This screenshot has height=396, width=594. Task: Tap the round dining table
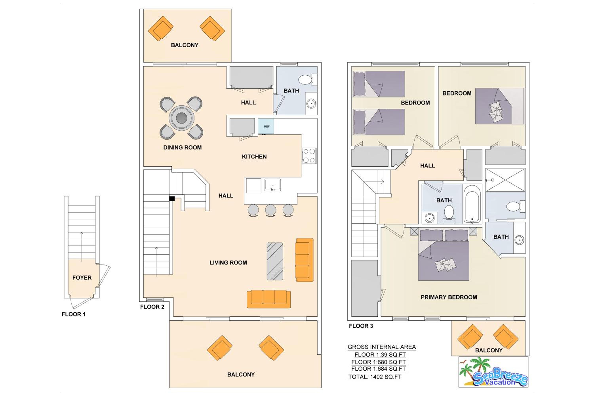[181, 118]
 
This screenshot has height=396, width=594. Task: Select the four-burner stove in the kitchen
[309, 156]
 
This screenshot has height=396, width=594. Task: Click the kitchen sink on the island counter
[272, 185]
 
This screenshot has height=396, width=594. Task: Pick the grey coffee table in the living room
[275, 261]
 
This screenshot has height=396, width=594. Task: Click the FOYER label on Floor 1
[82, 278]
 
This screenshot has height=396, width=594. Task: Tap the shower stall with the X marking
[505, 180]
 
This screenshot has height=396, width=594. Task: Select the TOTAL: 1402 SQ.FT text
[375, 377]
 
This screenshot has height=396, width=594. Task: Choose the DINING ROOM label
[182, 148]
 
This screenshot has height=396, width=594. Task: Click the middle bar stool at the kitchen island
[270, 210]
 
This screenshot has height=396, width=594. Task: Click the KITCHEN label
[254, 157]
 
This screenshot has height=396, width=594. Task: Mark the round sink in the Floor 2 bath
[311, 104]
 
